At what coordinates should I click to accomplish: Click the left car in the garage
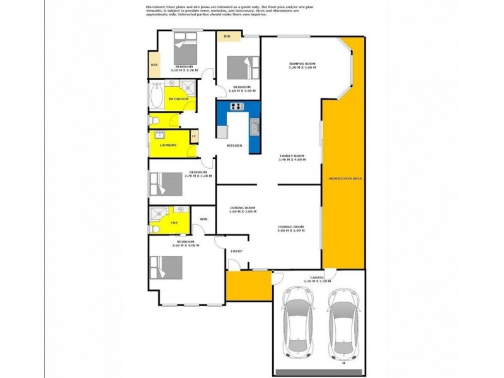(x=299, y=322)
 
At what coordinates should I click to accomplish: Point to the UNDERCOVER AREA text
(x=345, y=179)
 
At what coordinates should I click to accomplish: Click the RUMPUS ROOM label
(x=301, y=64)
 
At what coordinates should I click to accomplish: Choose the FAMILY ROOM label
(x=292, y=156)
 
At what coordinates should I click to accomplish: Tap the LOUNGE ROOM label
(x=290, y=227)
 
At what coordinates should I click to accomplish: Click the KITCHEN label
(x=235, y=146)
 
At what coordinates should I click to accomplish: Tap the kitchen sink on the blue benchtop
(x=254, y=127)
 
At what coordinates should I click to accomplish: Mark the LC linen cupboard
(x=194, y=136)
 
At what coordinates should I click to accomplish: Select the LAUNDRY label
(x=168, y=146)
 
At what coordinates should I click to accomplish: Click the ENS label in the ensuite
(x=174, y=222)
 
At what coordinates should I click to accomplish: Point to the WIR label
(x=203, y=219)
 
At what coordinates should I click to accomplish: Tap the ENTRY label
(x=236, y=251)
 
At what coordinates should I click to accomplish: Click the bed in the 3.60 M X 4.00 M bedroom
(x=166, y=266)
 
